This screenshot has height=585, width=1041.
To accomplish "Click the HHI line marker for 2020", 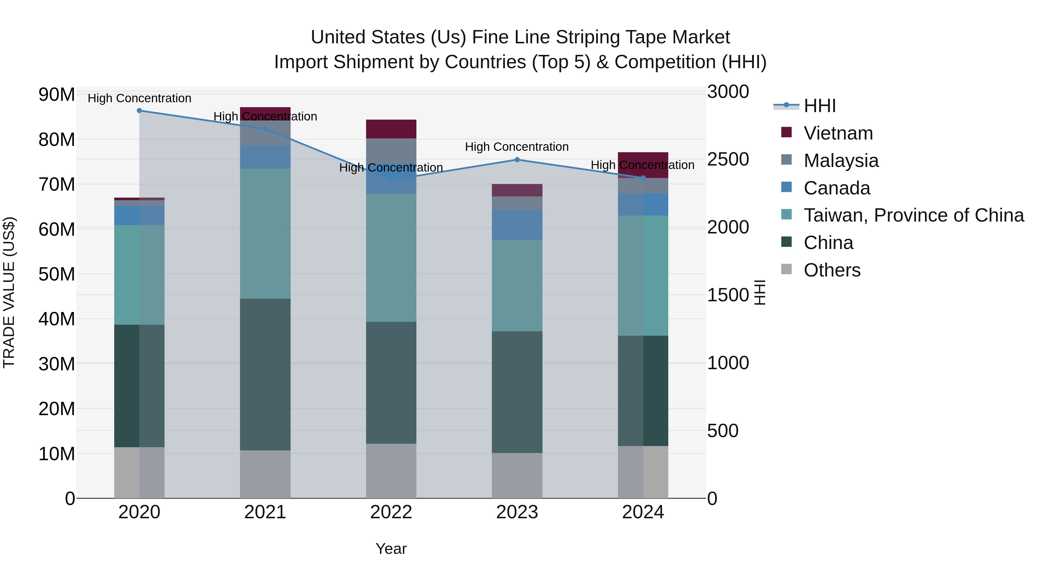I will tap(139, 111).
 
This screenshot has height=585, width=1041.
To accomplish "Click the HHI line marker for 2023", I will tap(517, 160).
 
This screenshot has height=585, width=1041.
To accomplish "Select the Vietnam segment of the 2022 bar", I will tap(391, 129).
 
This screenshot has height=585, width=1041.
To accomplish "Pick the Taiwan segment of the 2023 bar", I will tap(517, 285).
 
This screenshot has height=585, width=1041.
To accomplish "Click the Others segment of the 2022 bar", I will tap(391, 471).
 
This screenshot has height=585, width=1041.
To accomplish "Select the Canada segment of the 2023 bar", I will tap(517, 225).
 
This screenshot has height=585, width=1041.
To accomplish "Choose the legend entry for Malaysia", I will tap(841, 161).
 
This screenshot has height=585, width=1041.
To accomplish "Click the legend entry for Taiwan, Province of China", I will tap(913, 215).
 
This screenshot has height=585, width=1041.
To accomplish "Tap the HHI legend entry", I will tap(819, 106).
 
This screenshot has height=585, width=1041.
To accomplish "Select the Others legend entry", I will tap(832, 270).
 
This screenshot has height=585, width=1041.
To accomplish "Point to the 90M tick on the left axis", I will tap(57, 94).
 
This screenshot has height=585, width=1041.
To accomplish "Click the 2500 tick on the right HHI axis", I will tap(728, 159).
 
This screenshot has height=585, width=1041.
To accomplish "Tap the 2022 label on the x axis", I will tap(391, 512).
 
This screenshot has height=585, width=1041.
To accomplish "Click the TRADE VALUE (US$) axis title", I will tap(9, 292).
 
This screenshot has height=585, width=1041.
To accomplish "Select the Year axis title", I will tap(391, 549).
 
